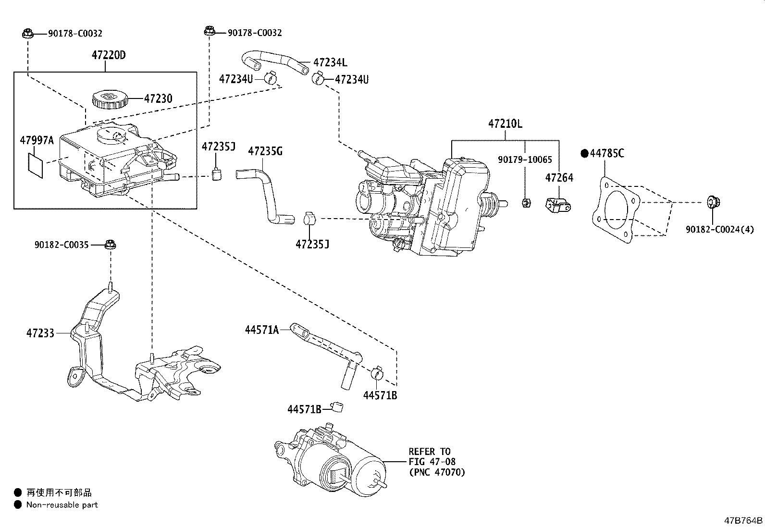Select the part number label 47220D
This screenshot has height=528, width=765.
[109, 55]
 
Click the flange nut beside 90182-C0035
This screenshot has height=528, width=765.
[111, 245]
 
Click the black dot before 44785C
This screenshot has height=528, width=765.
[584, 153]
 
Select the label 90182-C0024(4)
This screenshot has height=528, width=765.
[719, 230]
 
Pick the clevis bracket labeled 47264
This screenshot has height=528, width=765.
[558, 205]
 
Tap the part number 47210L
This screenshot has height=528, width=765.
[505, 123]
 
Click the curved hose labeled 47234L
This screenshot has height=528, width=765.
[274, 60]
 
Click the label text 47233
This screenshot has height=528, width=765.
[40, 332]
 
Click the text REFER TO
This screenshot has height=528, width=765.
[430, 452]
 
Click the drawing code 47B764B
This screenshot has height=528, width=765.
[743, 520]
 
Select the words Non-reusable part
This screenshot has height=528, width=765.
[62, 504]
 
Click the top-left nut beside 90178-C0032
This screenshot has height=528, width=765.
[27, 33]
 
